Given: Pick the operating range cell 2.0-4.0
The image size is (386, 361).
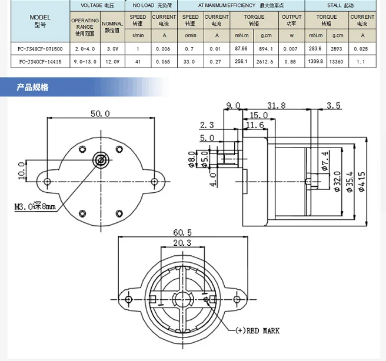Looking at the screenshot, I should pos(85,48).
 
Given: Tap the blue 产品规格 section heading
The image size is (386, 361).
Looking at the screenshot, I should pos(33,88).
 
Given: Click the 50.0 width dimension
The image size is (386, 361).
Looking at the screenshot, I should pos(99,113).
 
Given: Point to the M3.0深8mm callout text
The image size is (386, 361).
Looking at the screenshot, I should pos(35,206).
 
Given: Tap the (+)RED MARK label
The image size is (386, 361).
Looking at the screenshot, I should pos(257,330).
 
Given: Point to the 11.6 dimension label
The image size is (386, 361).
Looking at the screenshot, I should pos(255,125).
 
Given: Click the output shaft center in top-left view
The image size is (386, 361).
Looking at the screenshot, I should pos(101,159).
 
